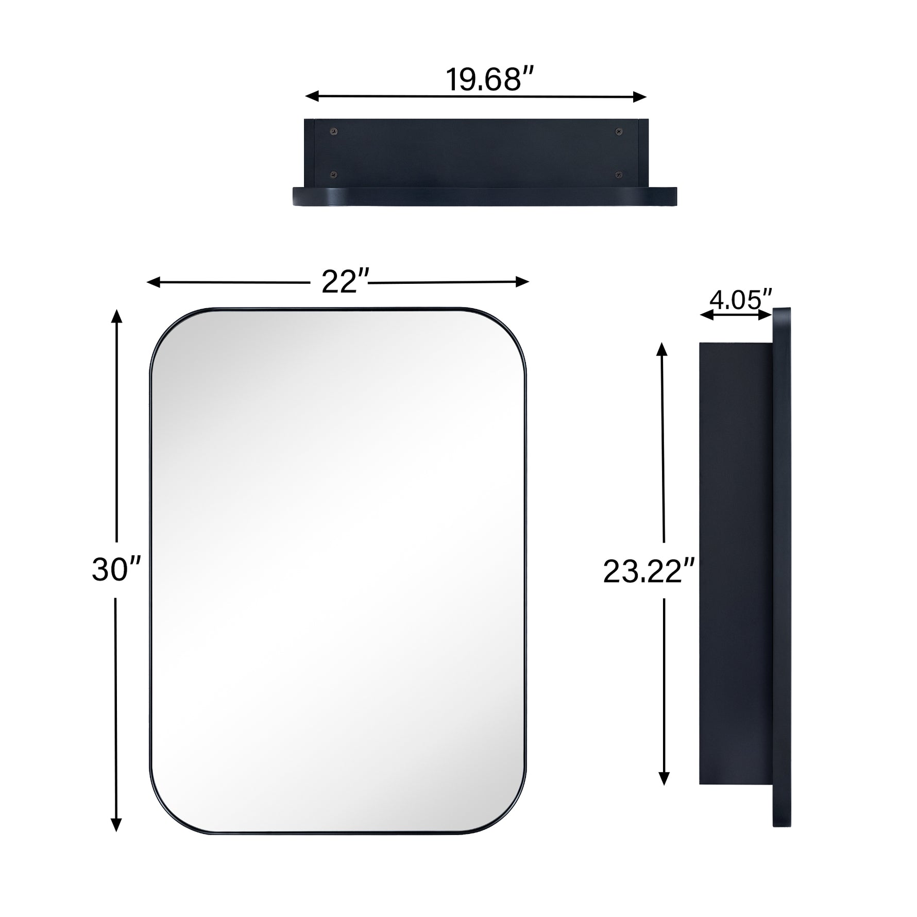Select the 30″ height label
click(x=116, y=570)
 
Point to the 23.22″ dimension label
click(x=649, y=572)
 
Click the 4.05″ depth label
click(x=740, y=299)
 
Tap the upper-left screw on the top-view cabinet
click(x=334, y=132)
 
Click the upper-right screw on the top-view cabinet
click(x=619, y=132)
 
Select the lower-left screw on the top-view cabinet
click(x=334, y=175)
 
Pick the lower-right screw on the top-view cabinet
click(x=619, y=175)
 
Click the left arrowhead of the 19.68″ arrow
click(x=311, y=96)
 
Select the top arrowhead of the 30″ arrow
click(x=117, y=316)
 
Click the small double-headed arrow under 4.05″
click(x=736, y=315)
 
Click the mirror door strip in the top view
click(x=484, y=196)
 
